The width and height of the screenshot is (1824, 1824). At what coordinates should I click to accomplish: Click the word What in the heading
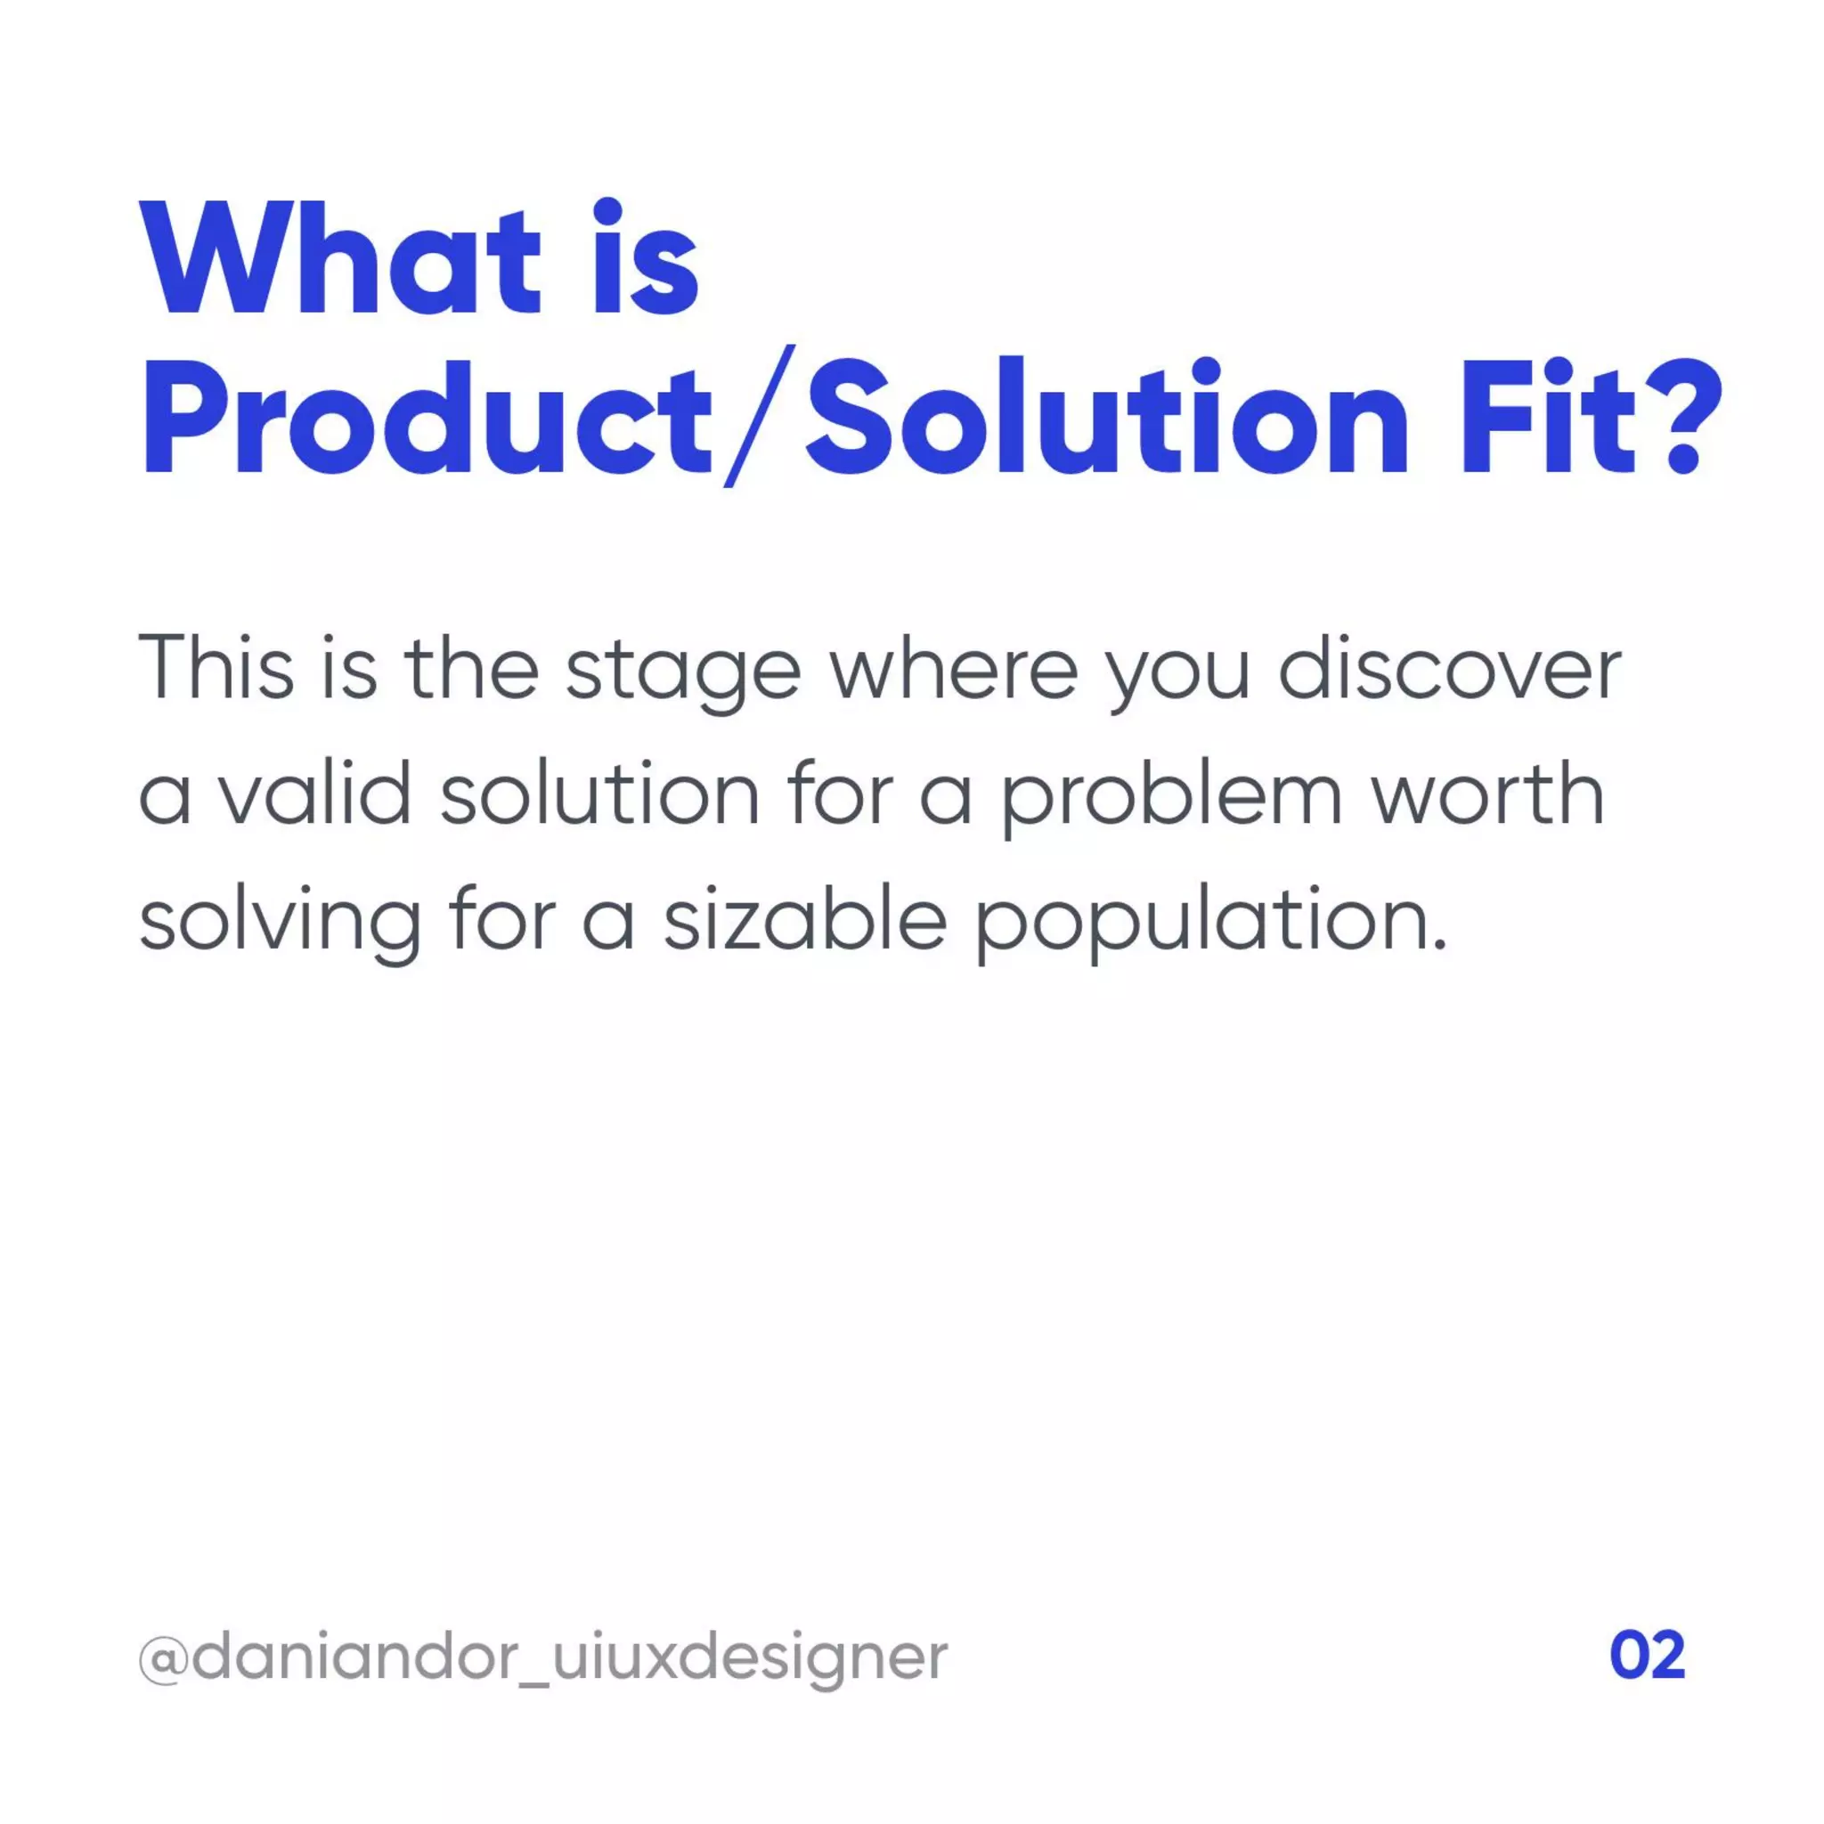point(340,260)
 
